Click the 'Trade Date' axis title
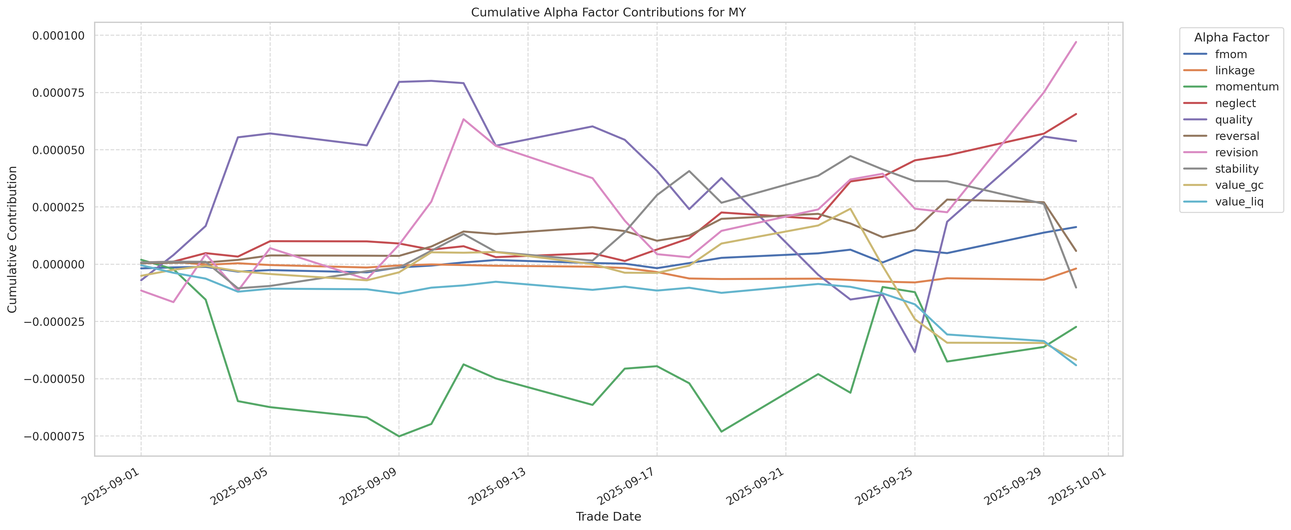click(608, 516)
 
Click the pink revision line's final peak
click(1076, 42)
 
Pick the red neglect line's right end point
click(1076, 114)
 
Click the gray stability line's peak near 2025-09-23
click(850, 156)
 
